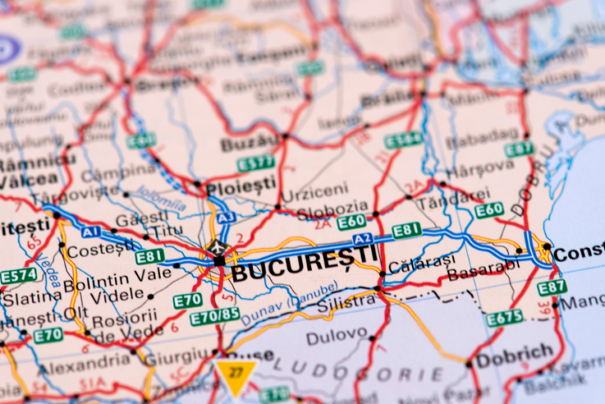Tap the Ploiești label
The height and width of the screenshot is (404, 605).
[241, 187]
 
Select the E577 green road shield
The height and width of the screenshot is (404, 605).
[256, 163]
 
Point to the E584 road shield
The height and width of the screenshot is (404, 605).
[403, 140]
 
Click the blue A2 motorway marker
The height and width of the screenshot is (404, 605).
[362, 238]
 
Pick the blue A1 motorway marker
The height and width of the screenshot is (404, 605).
[91, 232]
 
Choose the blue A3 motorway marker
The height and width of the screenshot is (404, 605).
[226, 216]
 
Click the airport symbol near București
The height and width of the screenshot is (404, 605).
[215, 248]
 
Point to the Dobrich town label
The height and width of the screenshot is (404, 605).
[514, 353]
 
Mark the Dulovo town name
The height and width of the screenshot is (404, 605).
[336, 337]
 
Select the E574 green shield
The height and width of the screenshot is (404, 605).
[18, 276]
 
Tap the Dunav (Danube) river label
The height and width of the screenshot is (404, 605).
[279, 308]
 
